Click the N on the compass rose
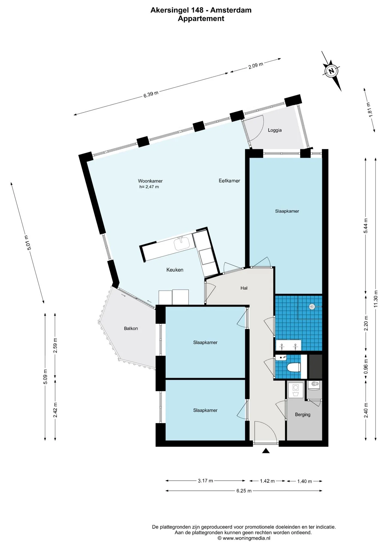[x=331, y=70]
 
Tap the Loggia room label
[x=275, y=130]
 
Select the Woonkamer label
[x=150, y=181]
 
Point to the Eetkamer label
[x=229, y=181]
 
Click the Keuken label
[x=175, y=270]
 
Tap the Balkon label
[x=131, y=329]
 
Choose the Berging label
[x=303, y=415]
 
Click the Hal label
[x=244, y=288]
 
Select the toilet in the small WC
[x=293, y=367]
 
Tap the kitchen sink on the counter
[x=182, y=243]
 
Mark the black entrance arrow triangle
[x=266, y=451]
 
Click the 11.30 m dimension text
[x=376, y=299]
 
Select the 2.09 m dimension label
[x=256, y=65]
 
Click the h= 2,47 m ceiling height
[x=149, y=187]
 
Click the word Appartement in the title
[x=201, y=19]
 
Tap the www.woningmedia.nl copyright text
[x=244, y=538]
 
